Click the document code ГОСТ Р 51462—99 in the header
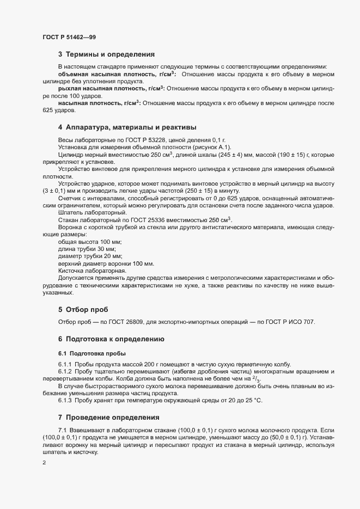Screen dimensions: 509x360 coord(69,36)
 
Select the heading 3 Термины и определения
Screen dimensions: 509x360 coord(106,54)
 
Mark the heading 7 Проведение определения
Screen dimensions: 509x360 coord(108,418)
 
